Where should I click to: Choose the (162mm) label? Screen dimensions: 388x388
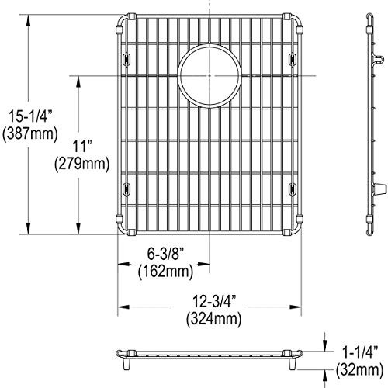tap(165, 272)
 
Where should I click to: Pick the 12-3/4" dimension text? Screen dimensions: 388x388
tap(211, 302)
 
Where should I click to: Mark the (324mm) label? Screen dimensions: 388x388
tap(211, 319)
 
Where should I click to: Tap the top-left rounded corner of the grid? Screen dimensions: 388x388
tap(122, 19)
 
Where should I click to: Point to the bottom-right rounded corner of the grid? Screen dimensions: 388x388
tap(296, 227)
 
